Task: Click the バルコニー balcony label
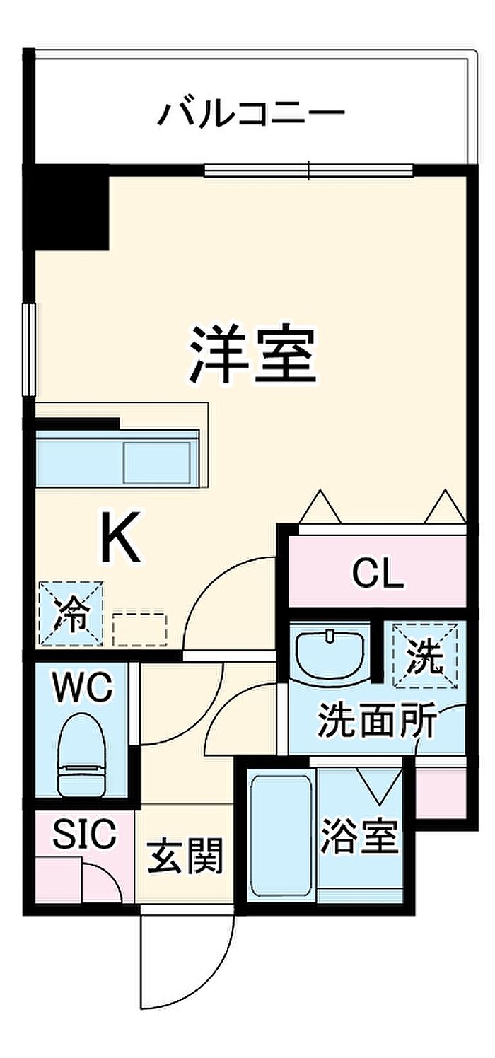coord(250,113)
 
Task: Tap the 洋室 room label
coord(252,354)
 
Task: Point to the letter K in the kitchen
coord(121,536)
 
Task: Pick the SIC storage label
coord(84,834)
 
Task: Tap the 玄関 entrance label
coord(185,856)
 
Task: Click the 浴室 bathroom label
coord(359,835)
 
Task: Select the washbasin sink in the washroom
coord(330,653)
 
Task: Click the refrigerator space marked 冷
coord(71,613)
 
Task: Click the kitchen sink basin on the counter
coord(157,463)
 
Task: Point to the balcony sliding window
coord(308,170)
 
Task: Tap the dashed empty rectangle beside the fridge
coord(140,629)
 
